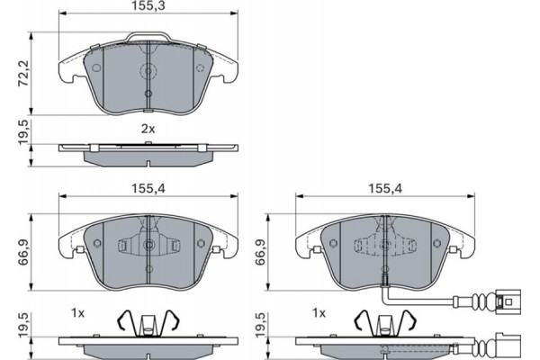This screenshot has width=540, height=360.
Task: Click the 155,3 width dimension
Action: coord(148,6)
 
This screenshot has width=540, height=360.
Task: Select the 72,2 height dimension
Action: coord(24,74)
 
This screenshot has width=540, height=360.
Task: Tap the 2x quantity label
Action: coord(148,129)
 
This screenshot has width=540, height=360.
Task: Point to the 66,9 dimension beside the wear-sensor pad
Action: coord(261,252)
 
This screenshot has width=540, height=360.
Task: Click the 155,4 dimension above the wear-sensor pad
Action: coord(385,188)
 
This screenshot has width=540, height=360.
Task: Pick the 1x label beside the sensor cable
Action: coord(319,313)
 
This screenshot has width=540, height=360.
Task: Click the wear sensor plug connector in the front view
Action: coord(508,302)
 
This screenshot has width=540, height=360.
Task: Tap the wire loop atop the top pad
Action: coord(148,33)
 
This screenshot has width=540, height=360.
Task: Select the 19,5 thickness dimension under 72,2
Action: coord(24,132)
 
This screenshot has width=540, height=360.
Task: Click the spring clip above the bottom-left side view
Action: coord(148,323)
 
